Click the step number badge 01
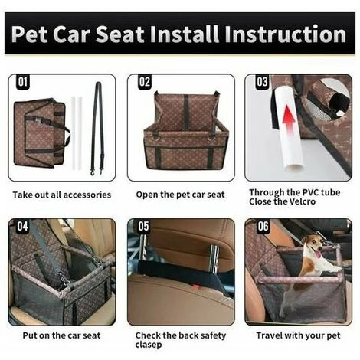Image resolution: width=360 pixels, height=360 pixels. [22, 82]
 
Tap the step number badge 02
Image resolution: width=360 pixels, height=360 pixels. [144, 82]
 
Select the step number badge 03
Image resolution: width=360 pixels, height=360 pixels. [262, 82]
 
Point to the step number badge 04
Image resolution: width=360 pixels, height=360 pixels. [22, 227]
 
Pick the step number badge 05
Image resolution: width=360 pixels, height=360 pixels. [144, 227]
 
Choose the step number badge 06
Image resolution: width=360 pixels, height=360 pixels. [262, 227]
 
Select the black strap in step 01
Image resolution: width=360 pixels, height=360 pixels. [97, 126]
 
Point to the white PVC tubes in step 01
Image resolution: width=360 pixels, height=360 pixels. [76, 135]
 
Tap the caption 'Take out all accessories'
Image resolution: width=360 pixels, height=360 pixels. [61, 195]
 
